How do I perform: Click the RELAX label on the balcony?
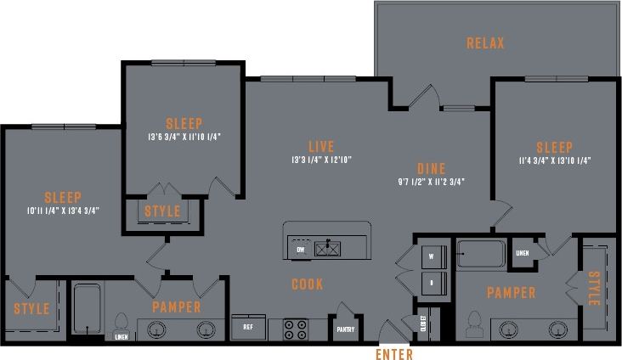485,43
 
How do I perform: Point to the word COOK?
307,284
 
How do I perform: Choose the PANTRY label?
345,330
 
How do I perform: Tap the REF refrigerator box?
248,326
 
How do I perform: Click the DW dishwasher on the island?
300,250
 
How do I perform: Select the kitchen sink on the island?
327,249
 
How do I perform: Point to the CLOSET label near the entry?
423,323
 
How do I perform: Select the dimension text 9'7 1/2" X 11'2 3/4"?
431,182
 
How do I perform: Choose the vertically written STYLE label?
593,289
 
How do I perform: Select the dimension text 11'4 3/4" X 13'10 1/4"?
554,159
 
